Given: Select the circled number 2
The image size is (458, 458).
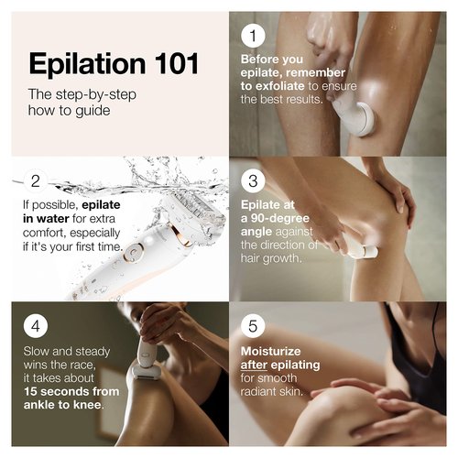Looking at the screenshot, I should click(x=35, y=180).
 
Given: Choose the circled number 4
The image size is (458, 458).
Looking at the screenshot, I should click(x=35, y=325).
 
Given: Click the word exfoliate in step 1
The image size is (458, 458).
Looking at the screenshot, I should click(x=285, y=85).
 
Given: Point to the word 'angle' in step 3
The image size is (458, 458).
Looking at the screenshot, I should click(x=262, y=232).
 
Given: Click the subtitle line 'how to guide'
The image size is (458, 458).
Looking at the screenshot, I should click(x=70, y=109).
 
